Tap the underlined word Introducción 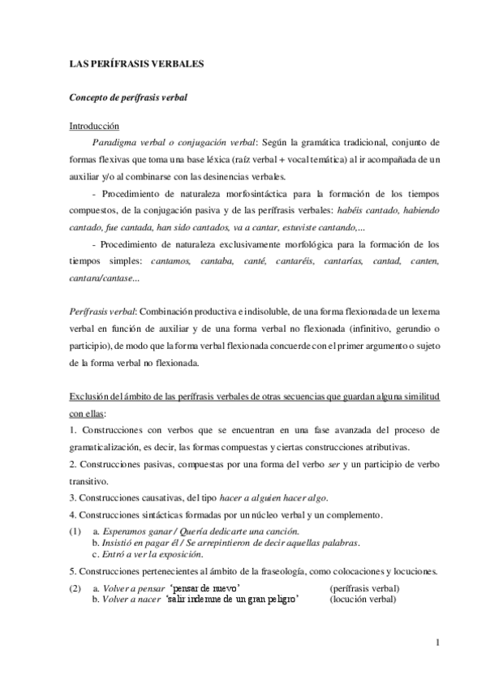point(93,127)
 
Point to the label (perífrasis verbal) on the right point(365,588)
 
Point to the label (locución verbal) point(363,600)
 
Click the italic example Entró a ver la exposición point(153,554)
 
